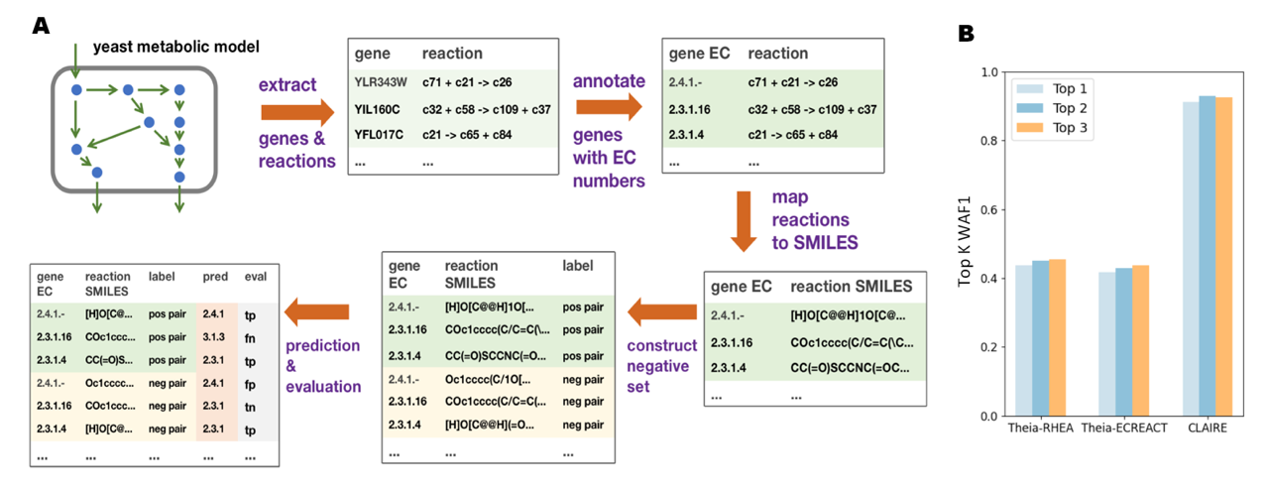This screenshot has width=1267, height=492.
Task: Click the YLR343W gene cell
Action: pyautogui.click(x=380, y=82)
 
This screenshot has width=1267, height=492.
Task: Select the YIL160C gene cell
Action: pyautogui.click(x=377, y=109)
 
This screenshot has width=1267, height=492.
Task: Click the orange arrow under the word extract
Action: pyautogui.click(x=297, y=112)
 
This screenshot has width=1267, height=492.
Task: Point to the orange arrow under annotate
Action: pyautogui.click(x=609, y=107)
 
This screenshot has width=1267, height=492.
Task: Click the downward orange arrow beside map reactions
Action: pyautogui.click(x=744, y=221)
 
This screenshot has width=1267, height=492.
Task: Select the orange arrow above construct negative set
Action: pyautogui.click(x=662, y=311)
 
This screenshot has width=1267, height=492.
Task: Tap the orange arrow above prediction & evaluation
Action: pyautogui.click(x=317, y=311)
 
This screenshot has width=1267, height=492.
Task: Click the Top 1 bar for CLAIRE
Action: pyautogui.click(x=1190, y=259)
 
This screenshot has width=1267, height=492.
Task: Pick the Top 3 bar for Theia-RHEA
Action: pyautogui.click(x=1057, y=338)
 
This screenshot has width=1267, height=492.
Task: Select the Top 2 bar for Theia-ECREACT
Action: pyautogui.click(x=1124, y=342)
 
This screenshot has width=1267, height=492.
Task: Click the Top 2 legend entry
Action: pyautogui.click(x=1052, y=108)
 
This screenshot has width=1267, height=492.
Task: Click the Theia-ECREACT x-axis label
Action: pyautogui.click(x=1124, y=429)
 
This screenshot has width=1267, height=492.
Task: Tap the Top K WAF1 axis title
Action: pyautogui.click(x=964, y=241)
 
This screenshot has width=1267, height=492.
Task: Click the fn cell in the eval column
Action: pyautogui.click(x=250, y=338)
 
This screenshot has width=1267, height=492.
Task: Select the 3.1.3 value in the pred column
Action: pyautogui.click(x=214, y=337)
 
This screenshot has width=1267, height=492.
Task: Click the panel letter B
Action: pyautogui.click(x=966, y=34)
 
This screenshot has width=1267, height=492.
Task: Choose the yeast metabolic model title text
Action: pyautogui.click(x=175, y=47)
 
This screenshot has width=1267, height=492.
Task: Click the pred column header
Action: pyautogui.click(x=215, y=277)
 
